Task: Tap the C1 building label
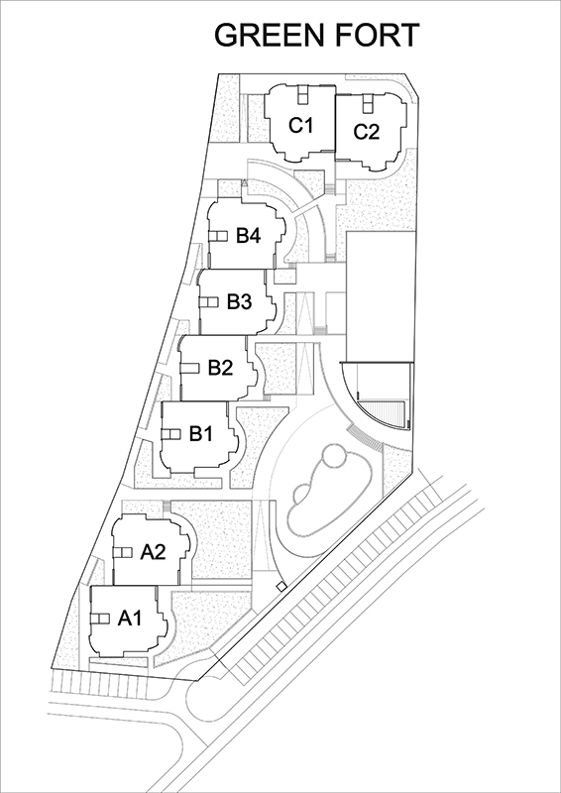pos(300,125)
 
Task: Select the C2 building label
pos(367,132)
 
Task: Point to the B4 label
pos(249,236)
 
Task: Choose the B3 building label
pos(239,302)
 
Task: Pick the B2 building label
pos(220,368)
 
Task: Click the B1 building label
pos(201,433)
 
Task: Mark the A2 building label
pos(153,552)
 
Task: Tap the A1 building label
pos(130,618)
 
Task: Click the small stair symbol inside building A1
pos(100,619)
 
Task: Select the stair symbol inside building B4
pos(218,236)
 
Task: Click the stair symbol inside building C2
pos(368,103)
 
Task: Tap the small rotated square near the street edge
pos(281,586)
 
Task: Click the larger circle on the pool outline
pos(334,457)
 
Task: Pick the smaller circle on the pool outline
pos(302,494)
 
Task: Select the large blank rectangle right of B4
pos(381,296)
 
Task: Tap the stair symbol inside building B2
pos(190,368)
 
